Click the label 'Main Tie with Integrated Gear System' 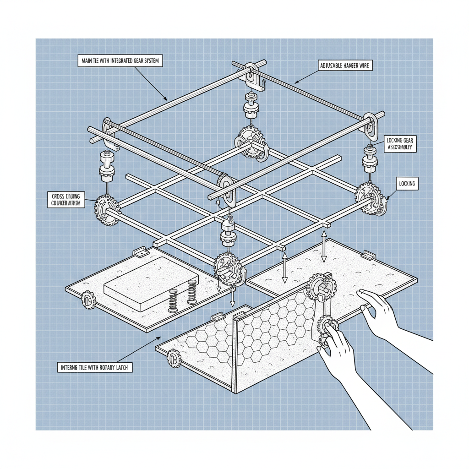pos(120,61)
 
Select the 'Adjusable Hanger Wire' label pos(345,66)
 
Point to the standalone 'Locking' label pos(407,184)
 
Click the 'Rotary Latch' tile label pos(95,367)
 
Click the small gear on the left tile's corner pos(88,300)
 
